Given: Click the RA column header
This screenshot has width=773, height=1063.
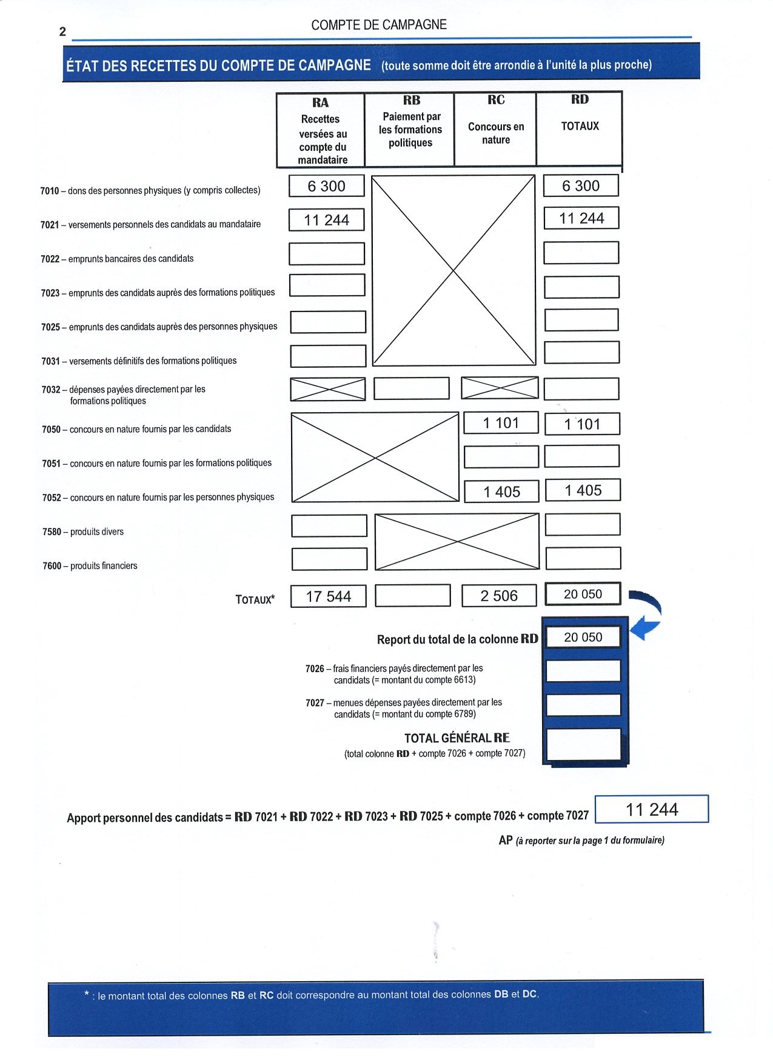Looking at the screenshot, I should (x=321, y=130).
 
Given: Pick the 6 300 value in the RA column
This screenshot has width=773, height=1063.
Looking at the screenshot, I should (x=326, y=186).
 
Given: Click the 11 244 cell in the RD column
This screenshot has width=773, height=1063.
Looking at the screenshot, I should (x=581, y=218).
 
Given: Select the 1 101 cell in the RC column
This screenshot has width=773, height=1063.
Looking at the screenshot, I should (x=501, y=423).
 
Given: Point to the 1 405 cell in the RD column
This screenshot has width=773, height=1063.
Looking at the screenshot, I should (x=583, y=490).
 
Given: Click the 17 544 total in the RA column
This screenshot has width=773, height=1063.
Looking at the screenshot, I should (x=328, y=596).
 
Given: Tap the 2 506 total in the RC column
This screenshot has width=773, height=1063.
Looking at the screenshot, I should (x=499, y=596).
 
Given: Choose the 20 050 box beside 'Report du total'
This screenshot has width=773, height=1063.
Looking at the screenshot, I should (x=583, y=637).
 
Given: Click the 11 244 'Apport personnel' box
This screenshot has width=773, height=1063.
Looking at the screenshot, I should (x=652, y=810).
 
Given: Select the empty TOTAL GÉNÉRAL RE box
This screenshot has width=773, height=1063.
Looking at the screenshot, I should (x=583, y=744).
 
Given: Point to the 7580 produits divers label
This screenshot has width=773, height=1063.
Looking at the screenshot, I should (x=83, y=531).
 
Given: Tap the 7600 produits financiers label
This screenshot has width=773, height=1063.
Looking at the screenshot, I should (x=90, y=565).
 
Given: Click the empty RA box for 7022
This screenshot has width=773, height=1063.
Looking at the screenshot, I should (x=327, y=254).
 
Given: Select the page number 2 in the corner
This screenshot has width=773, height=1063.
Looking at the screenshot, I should (x=62, y=32).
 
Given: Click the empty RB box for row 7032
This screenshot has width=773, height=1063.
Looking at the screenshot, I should (x=412, y=388).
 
